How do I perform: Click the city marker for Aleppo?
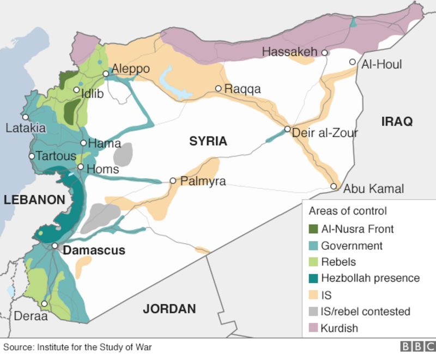[106, 74]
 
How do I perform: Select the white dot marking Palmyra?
[173, 181]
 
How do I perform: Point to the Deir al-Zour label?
[325, 133]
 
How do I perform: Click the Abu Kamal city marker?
[334, 187]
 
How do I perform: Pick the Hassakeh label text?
[289, 52]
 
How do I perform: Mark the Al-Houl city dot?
[353, 62]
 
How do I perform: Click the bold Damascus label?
[94, 250]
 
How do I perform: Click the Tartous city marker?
[32, 156]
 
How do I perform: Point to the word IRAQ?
[397, 121]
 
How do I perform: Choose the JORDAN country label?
[169, 309]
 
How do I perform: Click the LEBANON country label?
[34, 200]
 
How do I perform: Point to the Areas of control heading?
[348, 211]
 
